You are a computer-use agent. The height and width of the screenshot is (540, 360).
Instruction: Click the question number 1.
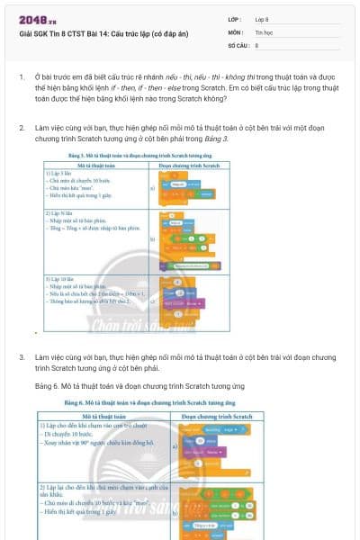pyautogui.click(x=22, y=76)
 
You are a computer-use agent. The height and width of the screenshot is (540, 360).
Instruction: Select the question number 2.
pyautogui.click(x=22, y=129)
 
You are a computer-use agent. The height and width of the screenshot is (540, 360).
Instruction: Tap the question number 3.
pyautogui.click(x=22, y=357)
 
